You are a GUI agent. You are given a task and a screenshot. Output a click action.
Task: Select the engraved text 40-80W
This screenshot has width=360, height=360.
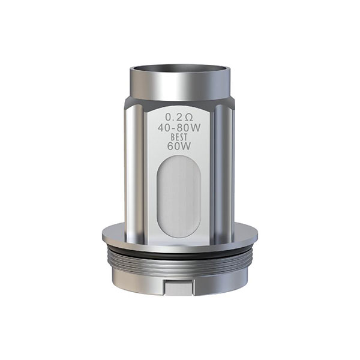(x=179, y=128)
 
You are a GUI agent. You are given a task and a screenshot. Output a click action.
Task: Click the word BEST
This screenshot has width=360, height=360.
(x=179, y=137)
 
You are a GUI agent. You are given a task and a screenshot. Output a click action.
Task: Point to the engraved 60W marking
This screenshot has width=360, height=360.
(x=179, y=146)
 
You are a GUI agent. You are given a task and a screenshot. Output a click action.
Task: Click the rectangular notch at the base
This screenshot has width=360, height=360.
(x=179, y=287)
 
